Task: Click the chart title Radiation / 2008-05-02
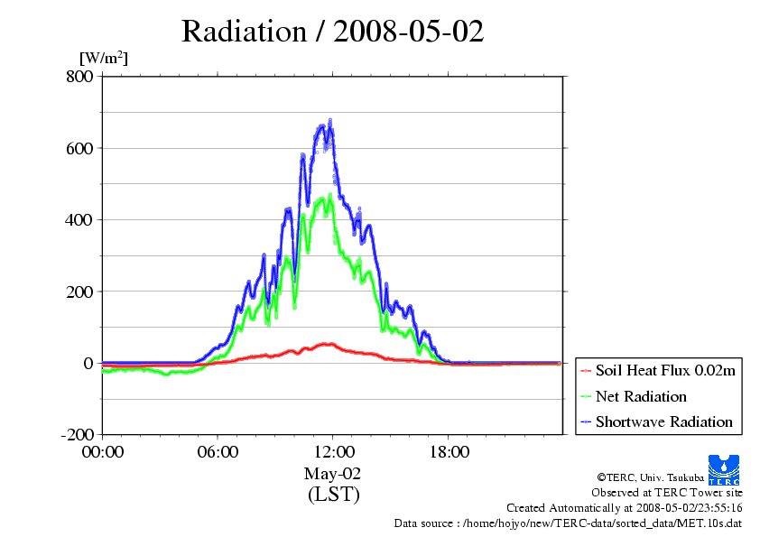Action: tap(332, 32)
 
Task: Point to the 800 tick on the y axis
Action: tap(79, 77)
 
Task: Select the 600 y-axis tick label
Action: tap(79, 148)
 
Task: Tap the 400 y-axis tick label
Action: tap(79, 219)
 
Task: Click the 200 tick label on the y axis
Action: tap(79, 292)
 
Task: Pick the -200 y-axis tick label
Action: tap(76, 435)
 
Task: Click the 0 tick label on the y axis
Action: tap(88, 363)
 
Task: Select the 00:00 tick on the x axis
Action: tap(102, 451)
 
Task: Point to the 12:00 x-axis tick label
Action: tap(332, 451)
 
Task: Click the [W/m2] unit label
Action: tap(104, 59)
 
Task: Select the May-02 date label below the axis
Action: tap(332, 474)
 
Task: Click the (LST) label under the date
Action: tap(333, 495)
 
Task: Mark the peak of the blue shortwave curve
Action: tap(329, 121)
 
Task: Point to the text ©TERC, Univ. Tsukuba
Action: tap(647, 477)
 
